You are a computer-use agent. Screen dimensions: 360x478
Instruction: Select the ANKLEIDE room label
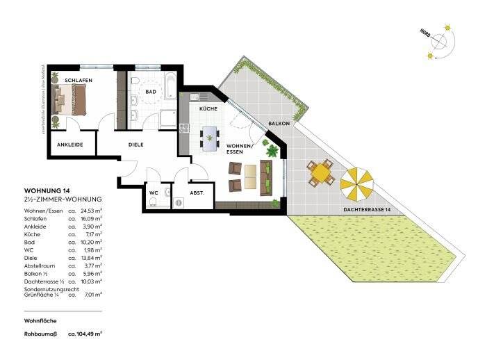point(69,145)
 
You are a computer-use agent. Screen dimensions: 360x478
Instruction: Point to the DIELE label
point(136,145)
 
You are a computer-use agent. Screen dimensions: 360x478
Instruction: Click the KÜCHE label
point(208,109)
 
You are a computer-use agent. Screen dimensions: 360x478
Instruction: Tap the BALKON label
point(279,124)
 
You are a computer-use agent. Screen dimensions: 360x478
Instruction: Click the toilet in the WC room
point(152,202)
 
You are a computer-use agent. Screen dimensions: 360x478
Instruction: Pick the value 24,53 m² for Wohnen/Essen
point(92,209)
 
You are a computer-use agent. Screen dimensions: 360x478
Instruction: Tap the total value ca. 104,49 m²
point(85,334)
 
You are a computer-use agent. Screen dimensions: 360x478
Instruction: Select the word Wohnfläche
point(40,320)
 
